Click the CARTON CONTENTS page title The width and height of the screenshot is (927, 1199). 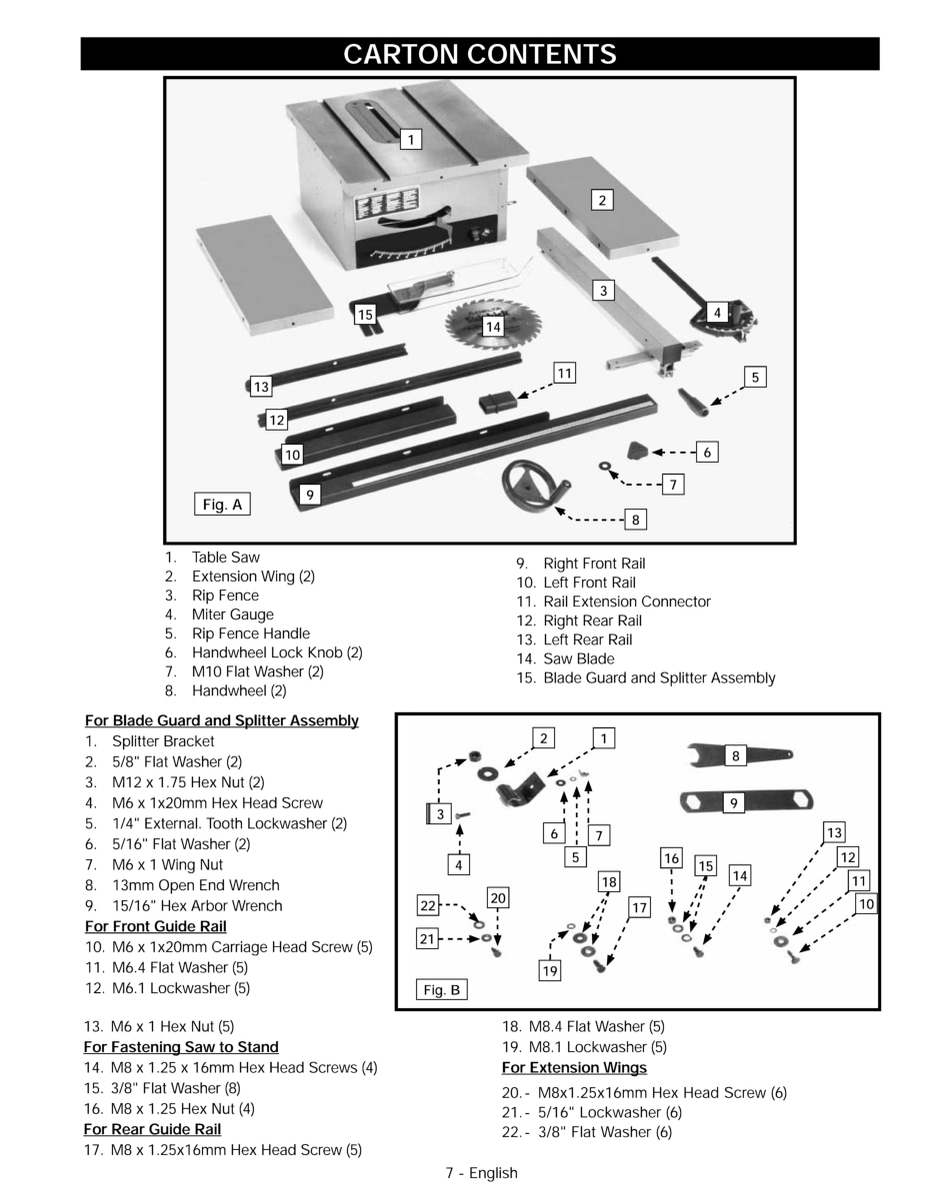pyautogui.click(x=480, y=54)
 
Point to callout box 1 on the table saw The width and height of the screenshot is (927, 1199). pyautogui.click(x=410, y=139)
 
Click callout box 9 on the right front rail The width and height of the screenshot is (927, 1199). pyautogui.click(x=309, y=494)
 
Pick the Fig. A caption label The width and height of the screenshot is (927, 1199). pyautogui.click(x=222, y=505)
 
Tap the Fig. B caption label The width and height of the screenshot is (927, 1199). pyautogui.click(x=442, y=990)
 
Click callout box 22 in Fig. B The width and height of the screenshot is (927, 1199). pyautogui.click(x=428, y=906)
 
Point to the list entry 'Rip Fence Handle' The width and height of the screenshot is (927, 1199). pyautogui.click(x=251, y=633)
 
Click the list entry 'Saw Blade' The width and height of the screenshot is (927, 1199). pyautogui.click(x=579, y=658)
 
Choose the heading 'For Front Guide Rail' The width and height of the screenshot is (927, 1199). pyautogui.click(x=156, y=926)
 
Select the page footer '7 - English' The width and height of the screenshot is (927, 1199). pyautogui.click(x=481, y=1173)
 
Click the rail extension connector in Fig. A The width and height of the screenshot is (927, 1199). pyautogui.click(x=495, y=404)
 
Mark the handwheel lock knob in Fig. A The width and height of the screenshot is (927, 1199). pyautogui.click(x=637, y=451)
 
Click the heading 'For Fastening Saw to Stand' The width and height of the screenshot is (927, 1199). pyautogui.click(x=181, y=1047)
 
